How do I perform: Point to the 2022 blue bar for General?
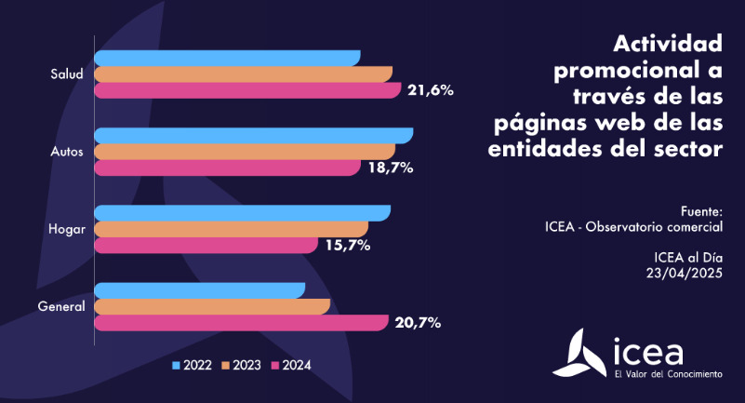tap(200, 290)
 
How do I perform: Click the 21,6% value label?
tap(430, 90)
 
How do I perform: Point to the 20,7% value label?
tap(418, 323)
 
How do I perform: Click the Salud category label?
tap(68, 74)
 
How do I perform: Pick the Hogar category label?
tap(66, 229)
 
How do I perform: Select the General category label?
tap(61, 306)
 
